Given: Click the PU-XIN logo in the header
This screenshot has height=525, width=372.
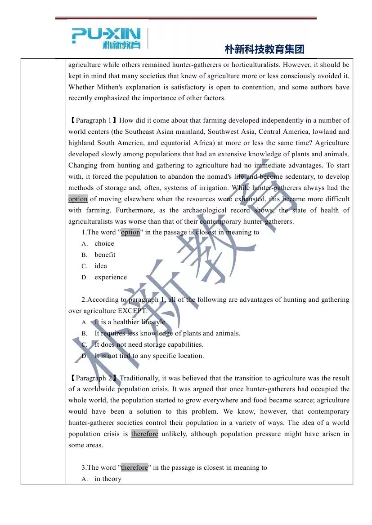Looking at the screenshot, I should pos(106,38).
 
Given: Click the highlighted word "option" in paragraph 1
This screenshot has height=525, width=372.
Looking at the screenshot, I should pos(78,199).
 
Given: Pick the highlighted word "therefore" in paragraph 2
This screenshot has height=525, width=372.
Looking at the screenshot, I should pos(144,434).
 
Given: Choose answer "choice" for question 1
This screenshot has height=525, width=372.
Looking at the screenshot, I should pos(104,243).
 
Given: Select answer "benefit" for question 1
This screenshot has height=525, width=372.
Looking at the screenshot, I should pos(105,255).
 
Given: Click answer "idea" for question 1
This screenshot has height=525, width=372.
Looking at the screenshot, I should pos(101,266).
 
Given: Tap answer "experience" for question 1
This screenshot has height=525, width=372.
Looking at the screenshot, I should pos(111,277).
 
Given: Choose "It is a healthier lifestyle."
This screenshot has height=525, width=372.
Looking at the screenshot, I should pos(130,322).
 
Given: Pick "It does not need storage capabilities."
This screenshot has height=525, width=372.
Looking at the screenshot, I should pos(149,344).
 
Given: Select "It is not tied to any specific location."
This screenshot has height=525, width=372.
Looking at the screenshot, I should pos(149,356).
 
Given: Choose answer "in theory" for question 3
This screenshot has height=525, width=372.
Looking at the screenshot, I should pos(108,479).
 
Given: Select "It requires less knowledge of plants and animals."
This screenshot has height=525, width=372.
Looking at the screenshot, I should pos(167,333).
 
